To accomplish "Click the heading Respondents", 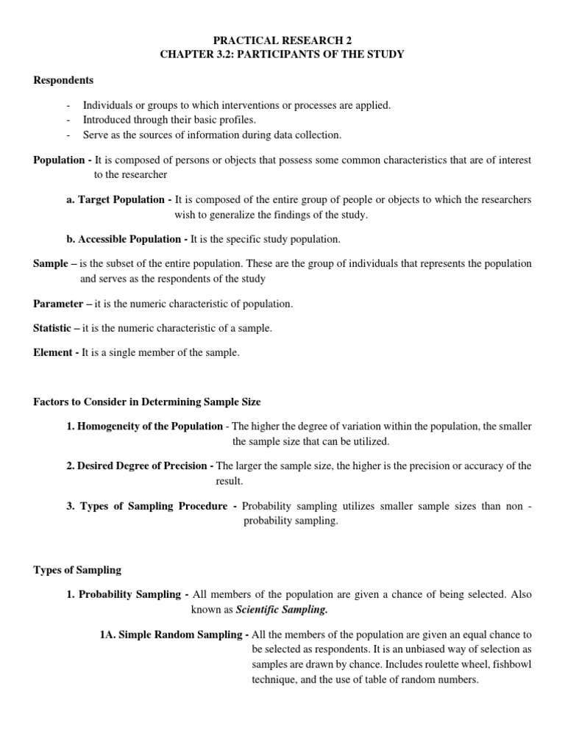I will tap(63, 80).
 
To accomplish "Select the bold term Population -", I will tap(63, 160).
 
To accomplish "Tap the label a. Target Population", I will tap(119, 200).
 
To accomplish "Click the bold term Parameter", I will tap(59, 304).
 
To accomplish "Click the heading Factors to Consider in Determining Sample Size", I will tap(147, 402).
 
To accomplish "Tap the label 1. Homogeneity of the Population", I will tap(144, 426).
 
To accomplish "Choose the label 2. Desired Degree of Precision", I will tap(140, 465).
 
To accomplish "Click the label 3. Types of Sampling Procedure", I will tap(151, 506).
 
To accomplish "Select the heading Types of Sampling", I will tap(77, 570).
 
